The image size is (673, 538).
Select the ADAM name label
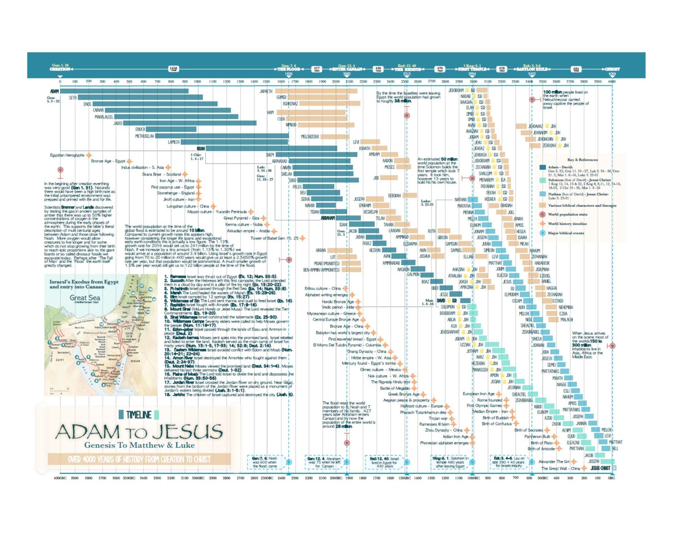coord(54,91)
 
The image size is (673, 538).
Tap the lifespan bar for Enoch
coord(171,129)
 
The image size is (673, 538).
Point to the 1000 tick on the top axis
coord(197,81)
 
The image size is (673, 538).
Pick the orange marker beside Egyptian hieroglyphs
coord(89,155)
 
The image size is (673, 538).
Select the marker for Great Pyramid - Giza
coord(264,218)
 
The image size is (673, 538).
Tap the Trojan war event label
coord(438,418)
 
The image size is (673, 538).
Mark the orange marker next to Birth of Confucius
coord(516,423)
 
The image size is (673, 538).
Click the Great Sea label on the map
coord(85,298)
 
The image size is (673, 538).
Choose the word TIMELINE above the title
coord(139,415)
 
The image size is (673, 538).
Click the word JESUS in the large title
coord(187,432)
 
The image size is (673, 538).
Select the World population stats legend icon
coord(542,214)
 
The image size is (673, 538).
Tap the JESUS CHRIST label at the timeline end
coord(600,468)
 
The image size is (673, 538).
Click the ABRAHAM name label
coord(328,218)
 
